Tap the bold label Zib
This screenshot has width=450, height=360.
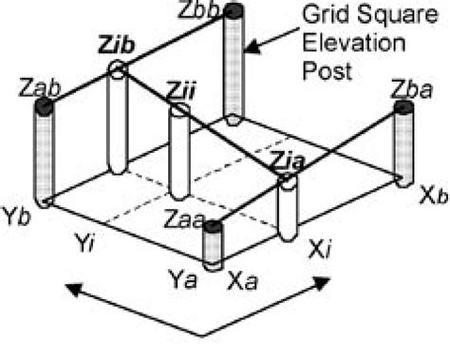[114, 47]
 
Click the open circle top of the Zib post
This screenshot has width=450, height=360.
[117, 68]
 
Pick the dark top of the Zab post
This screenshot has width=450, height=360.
[43, 106]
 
